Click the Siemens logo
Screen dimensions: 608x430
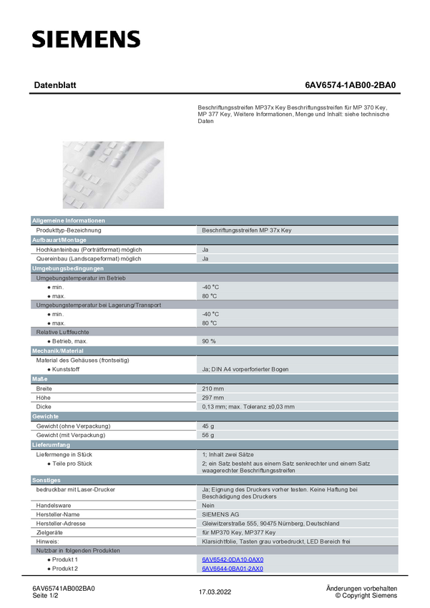86,39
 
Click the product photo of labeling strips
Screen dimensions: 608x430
113,175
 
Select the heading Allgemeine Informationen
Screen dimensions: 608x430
69,221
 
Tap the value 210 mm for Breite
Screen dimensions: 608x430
213,388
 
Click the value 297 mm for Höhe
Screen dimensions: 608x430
213,398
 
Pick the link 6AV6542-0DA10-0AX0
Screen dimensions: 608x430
233,559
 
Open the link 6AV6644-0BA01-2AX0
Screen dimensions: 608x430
233,569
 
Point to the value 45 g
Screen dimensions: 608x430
208,426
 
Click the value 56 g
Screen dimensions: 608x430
208,435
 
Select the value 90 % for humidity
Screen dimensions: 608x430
209,341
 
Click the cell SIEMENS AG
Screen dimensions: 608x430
221,514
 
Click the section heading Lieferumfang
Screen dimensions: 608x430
51,445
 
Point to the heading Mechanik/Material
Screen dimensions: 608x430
58,351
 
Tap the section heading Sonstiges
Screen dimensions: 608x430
47,480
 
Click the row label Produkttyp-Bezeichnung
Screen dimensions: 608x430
69,230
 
